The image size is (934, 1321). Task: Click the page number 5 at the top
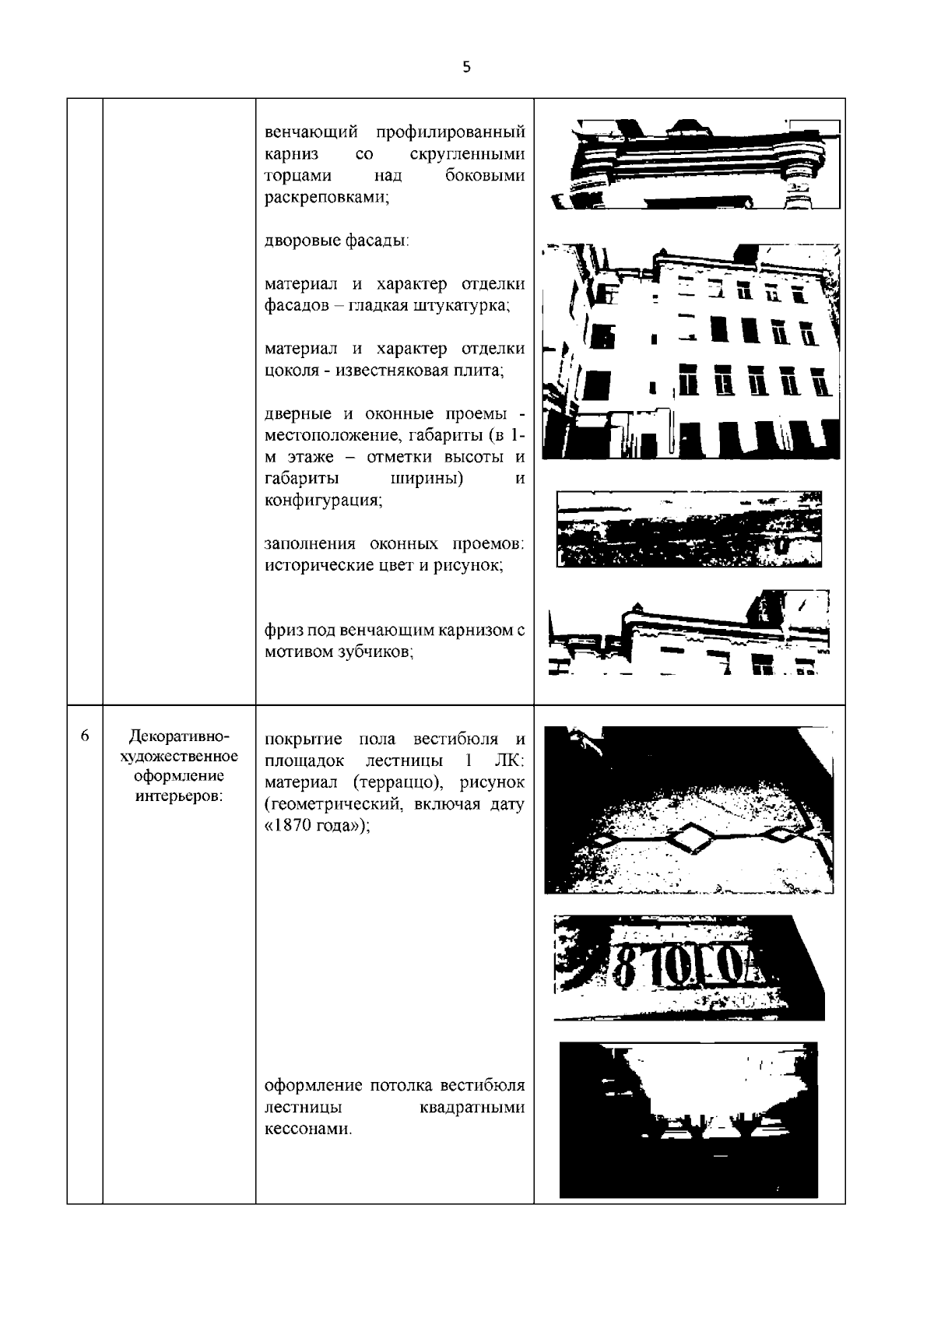click(466, 68)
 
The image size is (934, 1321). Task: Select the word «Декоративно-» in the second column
click(179, 736)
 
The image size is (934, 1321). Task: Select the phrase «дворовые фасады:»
click(337, 241)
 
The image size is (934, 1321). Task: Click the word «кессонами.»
click(308, 1129)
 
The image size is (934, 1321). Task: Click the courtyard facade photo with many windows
click(691, 351)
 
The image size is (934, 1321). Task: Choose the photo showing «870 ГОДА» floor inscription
click(690, 968)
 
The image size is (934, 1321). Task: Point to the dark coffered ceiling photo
click(689, 1119)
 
